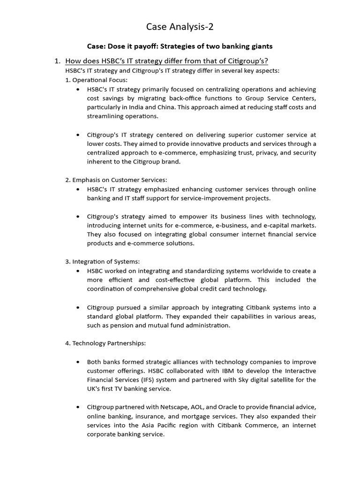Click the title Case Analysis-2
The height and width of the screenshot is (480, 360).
click(180, 27)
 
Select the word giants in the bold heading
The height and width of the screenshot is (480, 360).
click(261, 46)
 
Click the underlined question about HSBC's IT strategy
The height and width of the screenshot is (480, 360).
click(166, 61)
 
